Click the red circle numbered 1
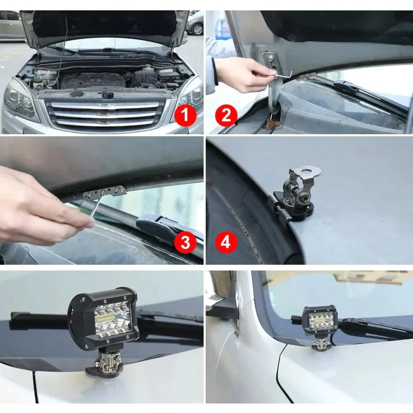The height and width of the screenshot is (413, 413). (x=185, y=116)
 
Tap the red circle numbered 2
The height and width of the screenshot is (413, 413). (x=226, y=116)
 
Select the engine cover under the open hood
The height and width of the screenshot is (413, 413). (x=93, y=80)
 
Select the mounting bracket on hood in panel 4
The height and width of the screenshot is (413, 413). (x=295, y=194)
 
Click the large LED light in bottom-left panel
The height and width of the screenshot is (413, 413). (x=103, y=318)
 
